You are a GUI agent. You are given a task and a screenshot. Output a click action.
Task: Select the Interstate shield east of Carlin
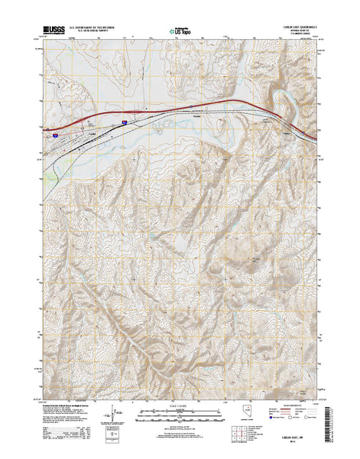pos(124,121)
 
